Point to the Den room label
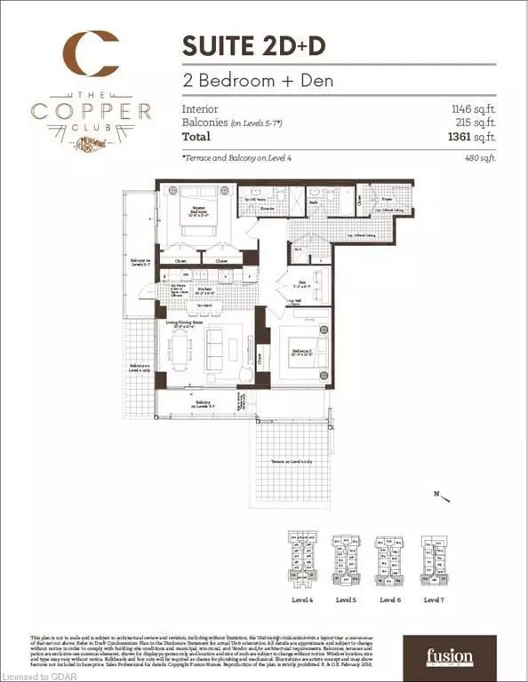click(301, 287)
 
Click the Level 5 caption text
click(345, 600)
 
